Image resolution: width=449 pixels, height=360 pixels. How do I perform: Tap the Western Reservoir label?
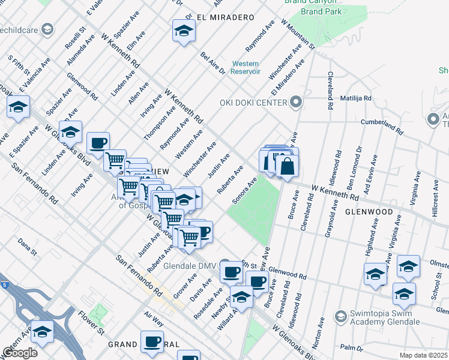point(246,67)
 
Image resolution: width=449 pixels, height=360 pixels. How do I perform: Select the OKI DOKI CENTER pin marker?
point(295,101)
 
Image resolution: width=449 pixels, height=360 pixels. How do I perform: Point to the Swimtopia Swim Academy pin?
point(341,315)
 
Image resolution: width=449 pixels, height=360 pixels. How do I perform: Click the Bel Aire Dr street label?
point(212,62)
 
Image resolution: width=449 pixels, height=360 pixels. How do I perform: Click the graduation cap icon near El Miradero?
point(184,31)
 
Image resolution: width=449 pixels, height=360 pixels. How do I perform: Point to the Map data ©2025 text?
point(423,355)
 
